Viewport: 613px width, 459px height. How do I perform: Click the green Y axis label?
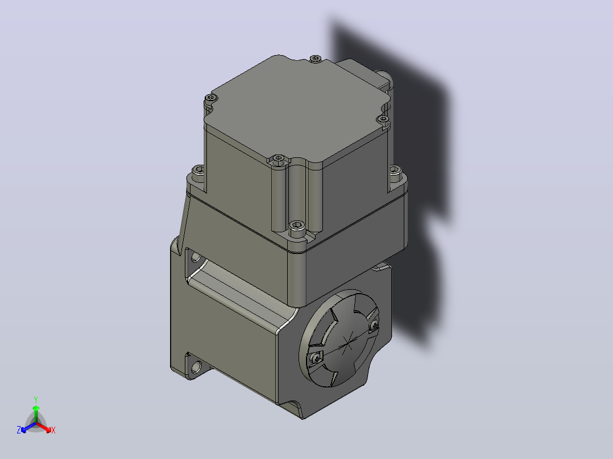click(36, 399)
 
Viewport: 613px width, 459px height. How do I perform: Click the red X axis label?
click(53, 430)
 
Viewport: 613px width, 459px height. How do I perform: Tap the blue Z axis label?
click(19, 430)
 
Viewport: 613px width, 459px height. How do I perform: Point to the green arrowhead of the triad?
click(36, 408)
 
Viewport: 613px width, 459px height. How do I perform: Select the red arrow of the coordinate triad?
click(44, 427)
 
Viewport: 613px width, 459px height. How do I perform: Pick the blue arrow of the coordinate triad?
click(28, 427)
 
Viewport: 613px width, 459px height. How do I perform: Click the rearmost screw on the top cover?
click(316, 59)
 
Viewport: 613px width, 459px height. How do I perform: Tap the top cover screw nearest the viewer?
click(278, 158)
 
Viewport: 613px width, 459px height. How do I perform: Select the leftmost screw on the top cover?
click(211, 97)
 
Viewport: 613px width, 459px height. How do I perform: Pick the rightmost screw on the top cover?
click(383, 118)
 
